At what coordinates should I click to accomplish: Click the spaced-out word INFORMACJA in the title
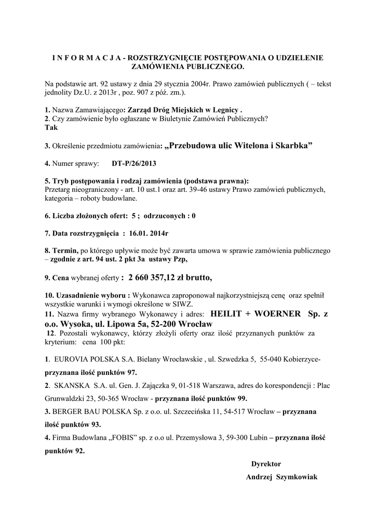click(86, 59)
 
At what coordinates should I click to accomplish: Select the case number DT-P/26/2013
click(134, 164)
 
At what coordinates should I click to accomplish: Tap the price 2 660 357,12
click(159, 277)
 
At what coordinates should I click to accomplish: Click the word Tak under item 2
click(51, 128)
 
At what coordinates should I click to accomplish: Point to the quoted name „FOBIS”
click(124, 438)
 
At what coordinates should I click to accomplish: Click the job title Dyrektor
click(266, 464)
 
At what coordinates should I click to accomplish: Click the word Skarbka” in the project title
click(293, 146)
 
